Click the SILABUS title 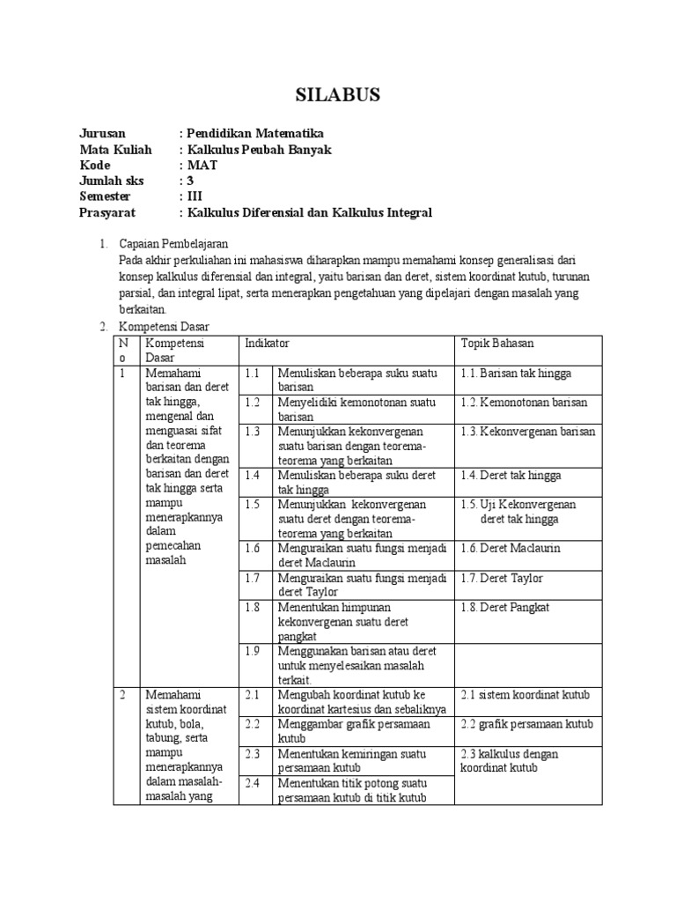click(337, 95)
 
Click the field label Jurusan click(102, 133)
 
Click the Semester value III click(194, 197)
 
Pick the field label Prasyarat click(107, 213)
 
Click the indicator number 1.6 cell click(254, 548)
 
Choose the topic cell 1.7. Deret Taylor click(502, 578)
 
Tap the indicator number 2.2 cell click(254, 724)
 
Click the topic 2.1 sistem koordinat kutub click(525, 695)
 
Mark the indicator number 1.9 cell click(254, 651)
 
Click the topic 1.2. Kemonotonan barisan click(524, 403)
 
